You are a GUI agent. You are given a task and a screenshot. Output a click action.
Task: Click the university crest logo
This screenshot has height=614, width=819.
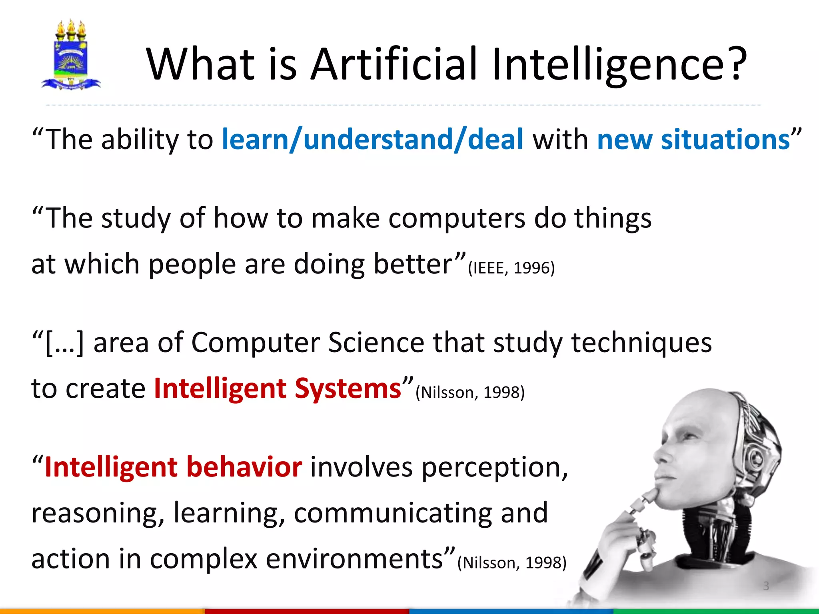pos(71,55)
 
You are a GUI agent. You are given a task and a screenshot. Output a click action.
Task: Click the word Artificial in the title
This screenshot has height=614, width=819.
pos(394,64)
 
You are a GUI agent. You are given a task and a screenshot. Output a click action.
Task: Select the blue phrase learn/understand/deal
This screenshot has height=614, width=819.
pos(372,140)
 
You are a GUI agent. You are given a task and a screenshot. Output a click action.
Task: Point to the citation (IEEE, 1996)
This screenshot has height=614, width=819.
pos(511,268)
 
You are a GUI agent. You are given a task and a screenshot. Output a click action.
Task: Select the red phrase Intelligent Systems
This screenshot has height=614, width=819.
pos(278,389)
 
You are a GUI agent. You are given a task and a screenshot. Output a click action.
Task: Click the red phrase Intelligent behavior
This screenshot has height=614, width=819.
pos(173,467)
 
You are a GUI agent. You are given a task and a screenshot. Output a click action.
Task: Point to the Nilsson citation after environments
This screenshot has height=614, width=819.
pos(512,563)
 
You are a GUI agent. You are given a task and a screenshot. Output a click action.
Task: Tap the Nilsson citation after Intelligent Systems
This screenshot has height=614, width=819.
pos(470,393)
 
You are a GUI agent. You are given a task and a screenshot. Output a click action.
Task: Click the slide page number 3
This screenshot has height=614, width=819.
pos(766,586)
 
